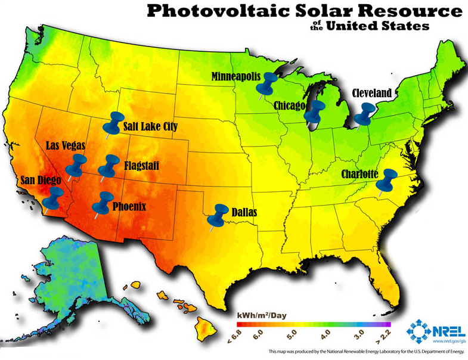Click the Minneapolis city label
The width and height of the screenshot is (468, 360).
click(237, 76)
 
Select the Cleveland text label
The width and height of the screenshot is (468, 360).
click(371, 93)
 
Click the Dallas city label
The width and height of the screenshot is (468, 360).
click(244, 212)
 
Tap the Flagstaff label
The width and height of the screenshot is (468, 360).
click(141, 165)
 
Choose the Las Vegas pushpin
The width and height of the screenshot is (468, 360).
click(76, 165)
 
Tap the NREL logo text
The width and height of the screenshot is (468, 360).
click(448, 330)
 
